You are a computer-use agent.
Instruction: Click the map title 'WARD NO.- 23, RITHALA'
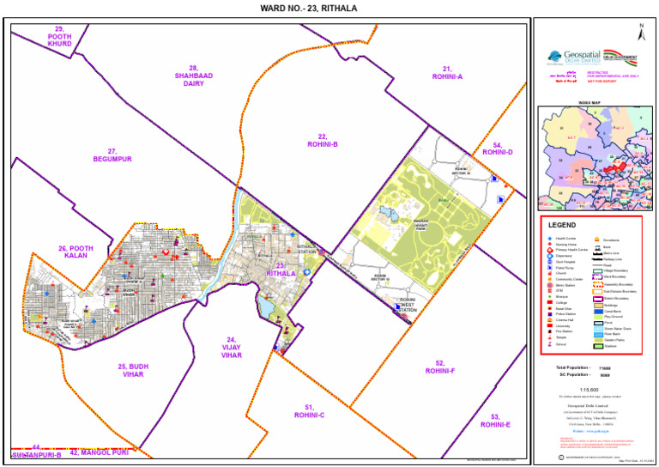point(308,8)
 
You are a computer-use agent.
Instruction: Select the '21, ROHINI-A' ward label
point(447,72)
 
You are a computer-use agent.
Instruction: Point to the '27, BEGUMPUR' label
point(112,155)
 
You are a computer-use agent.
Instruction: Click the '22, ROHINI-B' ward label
point(323,141)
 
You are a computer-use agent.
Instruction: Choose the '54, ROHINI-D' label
point(497,149)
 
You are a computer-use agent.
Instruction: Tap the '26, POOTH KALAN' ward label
point(75,252)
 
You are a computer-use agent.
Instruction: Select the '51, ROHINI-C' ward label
point(309,411)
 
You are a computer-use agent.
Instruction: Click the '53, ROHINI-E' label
point(495,421)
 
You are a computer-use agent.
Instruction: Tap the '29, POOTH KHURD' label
point(59,35)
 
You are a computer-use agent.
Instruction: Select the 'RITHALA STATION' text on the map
point(307,250)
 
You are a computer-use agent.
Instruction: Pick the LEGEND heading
point(564,225)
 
